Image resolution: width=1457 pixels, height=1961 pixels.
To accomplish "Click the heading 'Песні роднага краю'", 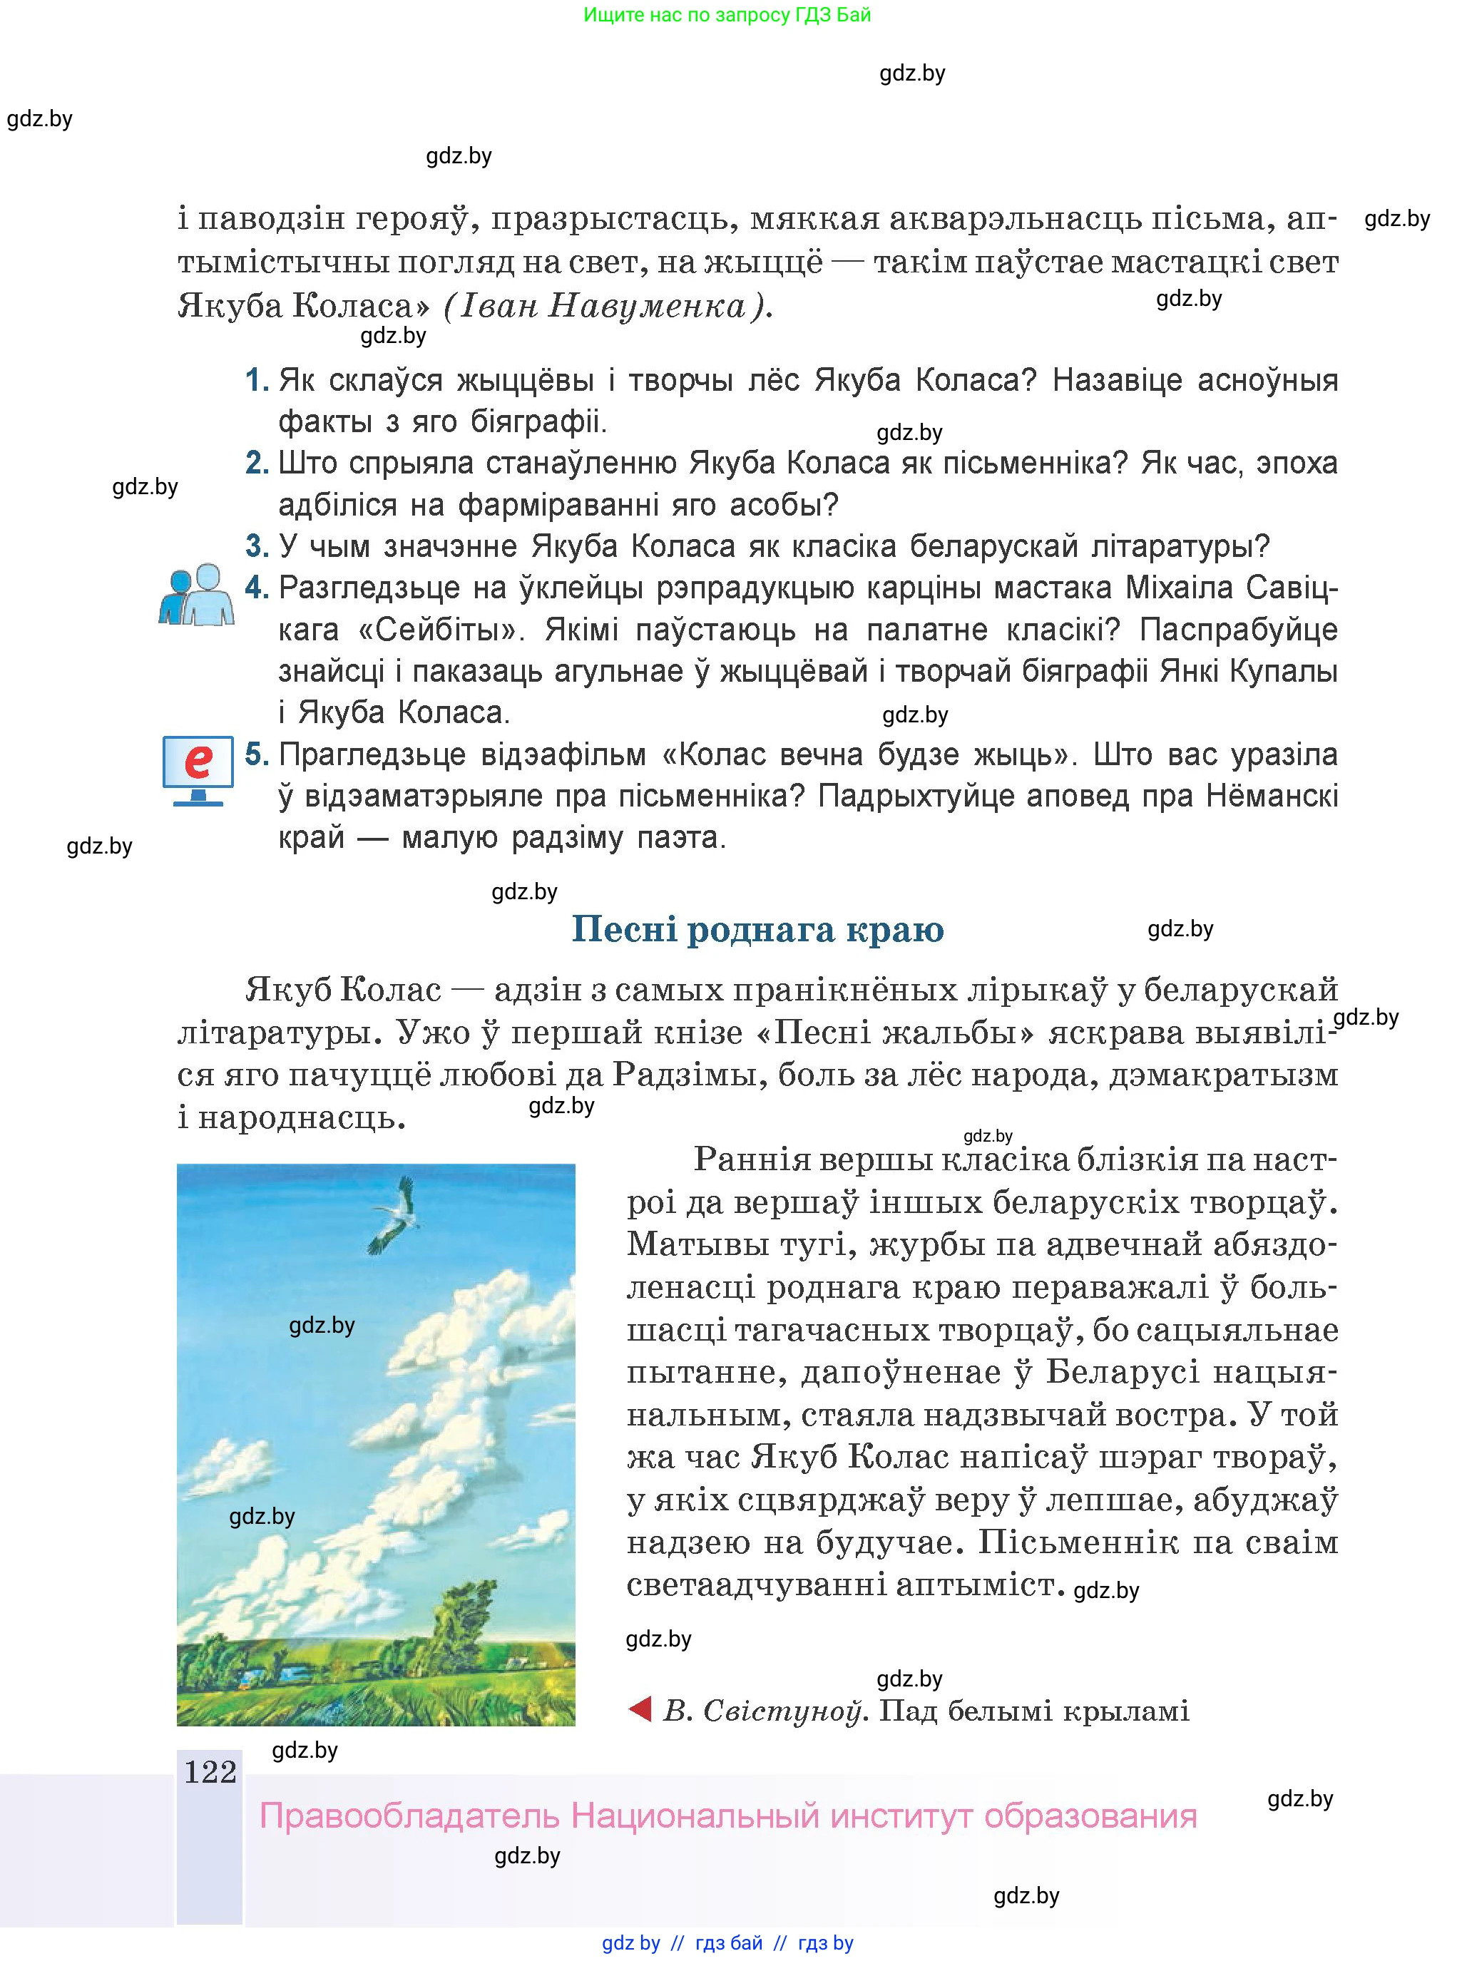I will (x=757, y=929).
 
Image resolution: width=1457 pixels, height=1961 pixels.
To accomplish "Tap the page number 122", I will (x=210, y=1771).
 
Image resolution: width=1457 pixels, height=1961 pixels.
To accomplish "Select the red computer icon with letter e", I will (x=198, y=768).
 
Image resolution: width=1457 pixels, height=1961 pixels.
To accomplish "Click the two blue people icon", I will (x=197, y=595).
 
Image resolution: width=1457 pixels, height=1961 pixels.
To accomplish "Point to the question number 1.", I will (x=257, y=381).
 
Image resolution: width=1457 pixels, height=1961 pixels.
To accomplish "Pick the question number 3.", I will (x=257, y=547).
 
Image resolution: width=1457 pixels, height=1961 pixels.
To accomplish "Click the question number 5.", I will (x=257, y=754).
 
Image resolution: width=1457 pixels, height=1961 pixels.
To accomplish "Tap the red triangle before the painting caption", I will (x=640, y=1710).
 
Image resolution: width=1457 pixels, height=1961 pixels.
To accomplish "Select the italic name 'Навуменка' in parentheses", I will (x=648, y=306).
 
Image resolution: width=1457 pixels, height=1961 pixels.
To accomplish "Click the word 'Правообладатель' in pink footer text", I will (x=409, y=1816).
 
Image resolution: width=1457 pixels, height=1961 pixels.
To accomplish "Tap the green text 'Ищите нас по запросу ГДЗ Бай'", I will (x=727, y=15).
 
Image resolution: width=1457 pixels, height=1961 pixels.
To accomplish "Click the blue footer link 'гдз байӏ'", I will (x=729, y=1942).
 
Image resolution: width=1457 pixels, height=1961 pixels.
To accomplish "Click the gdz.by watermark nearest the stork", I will (x=322, y=1325).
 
